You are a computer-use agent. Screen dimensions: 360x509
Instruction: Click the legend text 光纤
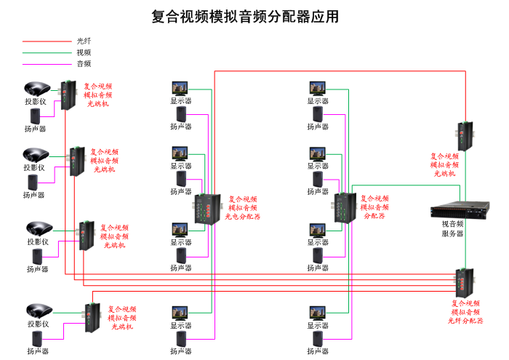coord(84,41)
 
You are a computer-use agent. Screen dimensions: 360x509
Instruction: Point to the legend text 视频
coord(84,52)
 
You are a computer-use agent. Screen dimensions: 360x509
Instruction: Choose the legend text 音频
coord(84,63)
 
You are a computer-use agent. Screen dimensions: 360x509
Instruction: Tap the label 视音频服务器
coord(452,228)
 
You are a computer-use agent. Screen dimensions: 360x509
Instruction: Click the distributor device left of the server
coord(342,207)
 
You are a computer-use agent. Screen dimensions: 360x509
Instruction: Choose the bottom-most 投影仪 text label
coord(37,324)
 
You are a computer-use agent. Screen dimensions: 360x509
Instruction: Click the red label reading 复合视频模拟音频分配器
coord(375,207)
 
